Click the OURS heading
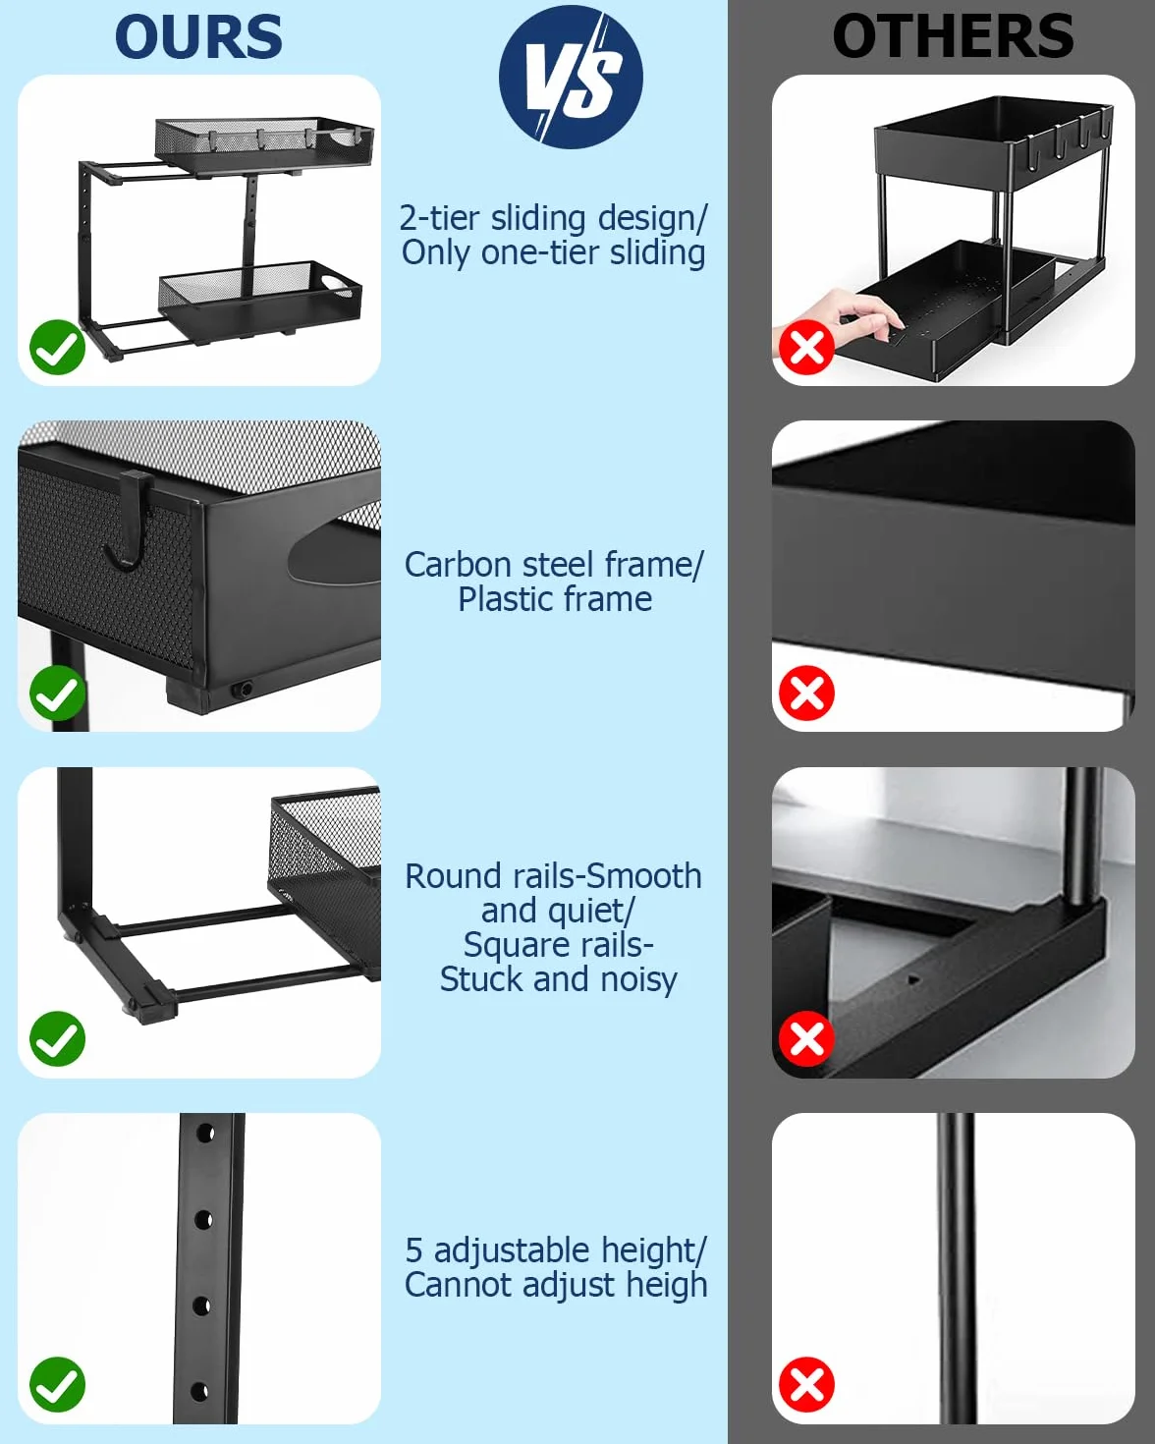pyautogui.click(x=198, y=37)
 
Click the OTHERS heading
pyautogui.click(x=953, y=36)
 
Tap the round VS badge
pyautogui.click(x=571, y=77)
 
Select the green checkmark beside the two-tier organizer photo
pyautogui.click(x=58, y=347)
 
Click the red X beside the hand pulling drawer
pyautogui.click(x=806, y=347)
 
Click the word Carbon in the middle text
pyautogui.click(x=459, y=564)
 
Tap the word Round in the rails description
pyautogui.click(x=453, y=876)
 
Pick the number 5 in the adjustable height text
pyautogui.click(x=414, y=1250)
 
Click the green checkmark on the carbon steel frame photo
pyautogui.click(x=58, y=694)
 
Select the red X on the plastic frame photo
pyautogui.click(x=806, y=694)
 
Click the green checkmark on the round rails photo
pyautogui.click(x=58, y=1039)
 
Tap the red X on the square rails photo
pyautogui.click(x=806, y=1039)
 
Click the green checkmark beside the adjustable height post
pyautogui.click(x=58, y=1385)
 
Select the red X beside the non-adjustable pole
pyautogui.click(x=806, y=1385)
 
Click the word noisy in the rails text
pyautogui.click(x=639, y=980)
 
